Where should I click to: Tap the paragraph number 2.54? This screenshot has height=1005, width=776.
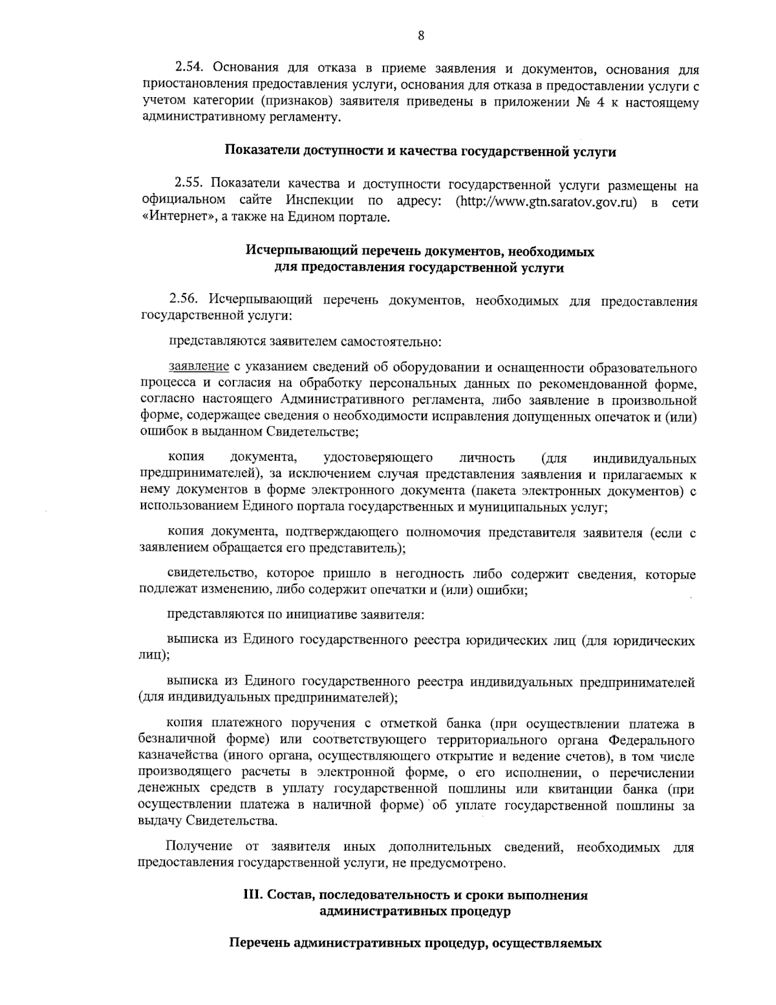[x=191, y=68]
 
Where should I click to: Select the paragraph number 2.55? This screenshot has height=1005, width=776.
[x=189, y=185]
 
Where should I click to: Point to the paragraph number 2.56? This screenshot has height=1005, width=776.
[x=187, y=300]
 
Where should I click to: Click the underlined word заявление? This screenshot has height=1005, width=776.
[x=199, y=368]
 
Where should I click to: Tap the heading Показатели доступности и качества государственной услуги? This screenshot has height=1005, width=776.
[x=420, y=152]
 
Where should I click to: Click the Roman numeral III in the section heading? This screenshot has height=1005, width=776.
[x=250, y=896]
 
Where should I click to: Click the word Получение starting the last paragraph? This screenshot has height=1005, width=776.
[x=199, y=846]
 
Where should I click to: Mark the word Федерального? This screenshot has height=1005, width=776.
[x=651, y=739]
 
